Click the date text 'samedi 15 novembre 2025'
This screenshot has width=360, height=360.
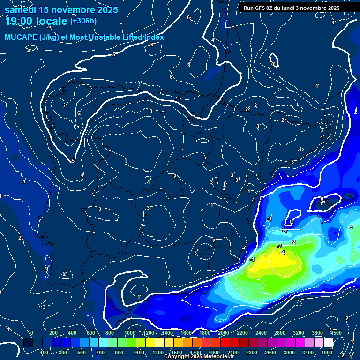61,10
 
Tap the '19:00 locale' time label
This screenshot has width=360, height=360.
37,21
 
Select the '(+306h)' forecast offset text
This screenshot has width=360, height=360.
83,21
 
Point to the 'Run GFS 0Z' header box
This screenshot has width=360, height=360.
292,8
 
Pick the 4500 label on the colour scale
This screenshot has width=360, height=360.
336,333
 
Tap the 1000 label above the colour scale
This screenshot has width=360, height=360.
129,333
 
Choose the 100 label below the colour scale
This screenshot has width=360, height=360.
45,352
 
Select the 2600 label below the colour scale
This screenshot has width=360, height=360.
270,352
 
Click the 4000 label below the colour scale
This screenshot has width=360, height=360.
327,352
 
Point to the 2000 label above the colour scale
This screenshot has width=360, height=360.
223,333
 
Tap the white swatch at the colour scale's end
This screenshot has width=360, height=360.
328,343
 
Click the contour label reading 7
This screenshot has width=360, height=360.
64,106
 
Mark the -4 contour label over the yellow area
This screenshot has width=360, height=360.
282,253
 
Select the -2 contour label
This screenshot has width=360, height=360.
293,242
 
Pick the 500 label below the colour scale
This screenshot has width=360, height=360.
82,352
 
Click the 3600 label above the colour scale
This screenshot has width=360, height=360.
317,333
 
